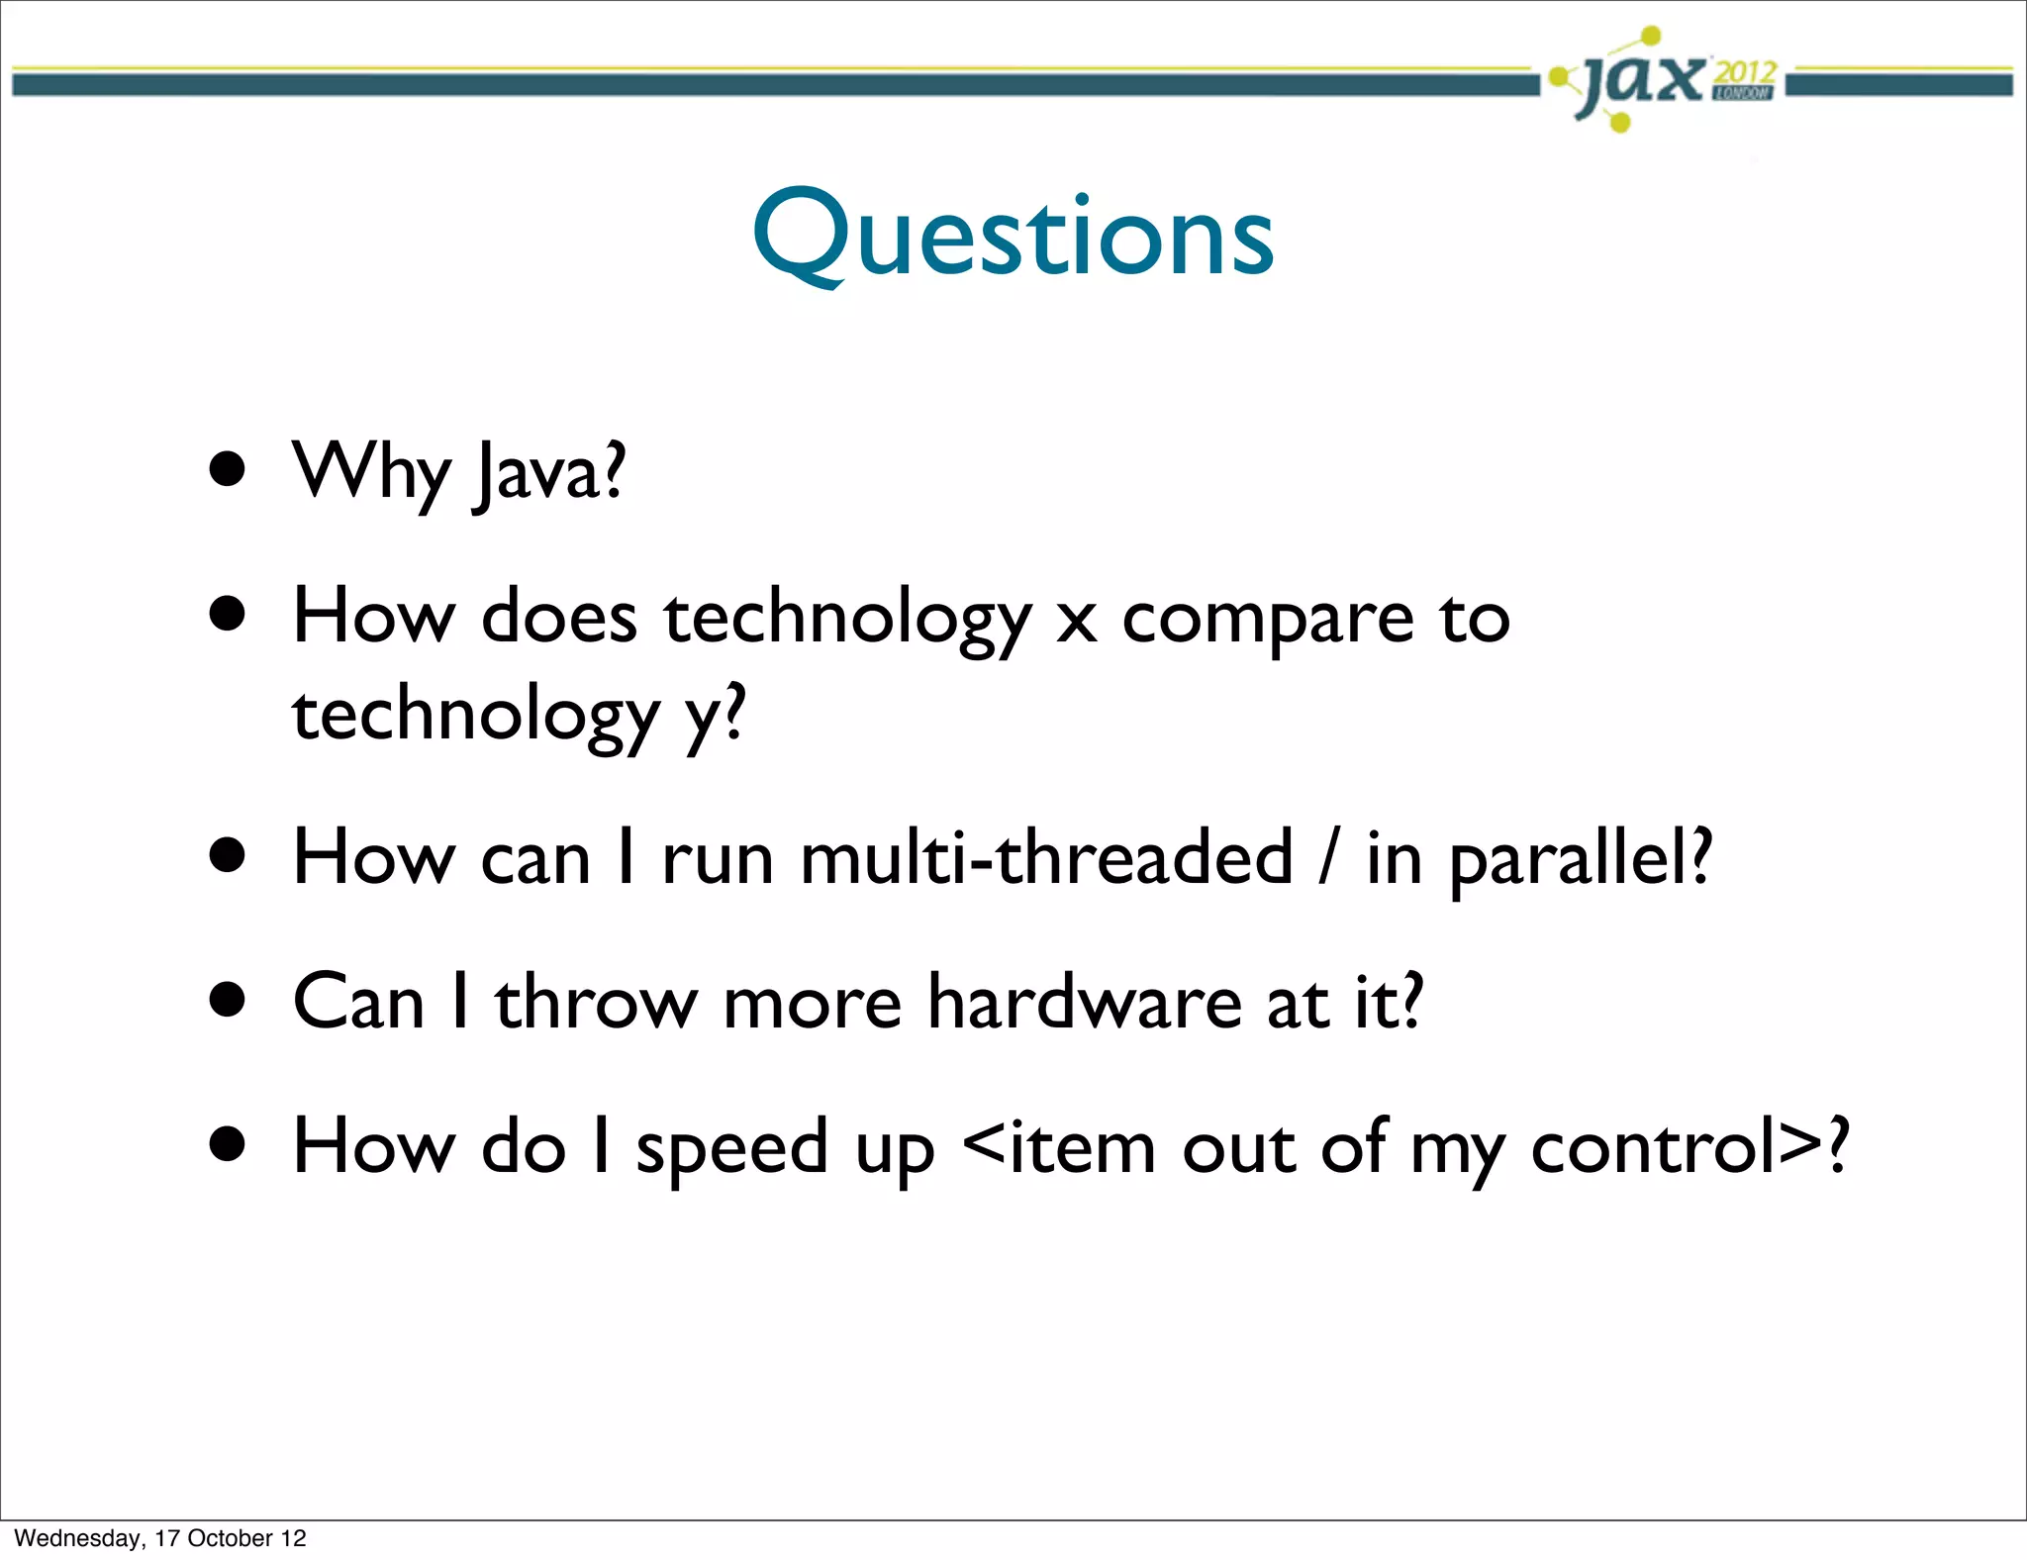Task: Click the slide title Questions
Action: click(1013, 236)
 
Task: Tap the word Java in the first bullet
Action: click(548, 473)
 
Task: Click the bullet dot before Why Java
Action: click(228, 468)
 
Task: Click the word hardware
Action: click(1084, 1002)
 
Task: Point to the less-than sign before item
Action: click(984, 1146)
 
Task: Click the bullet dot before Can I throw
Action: click(228, 1000)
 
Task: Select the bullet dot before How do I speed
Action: click(228, 1144)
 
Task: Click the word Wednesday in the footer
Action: click(78, 1538)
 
